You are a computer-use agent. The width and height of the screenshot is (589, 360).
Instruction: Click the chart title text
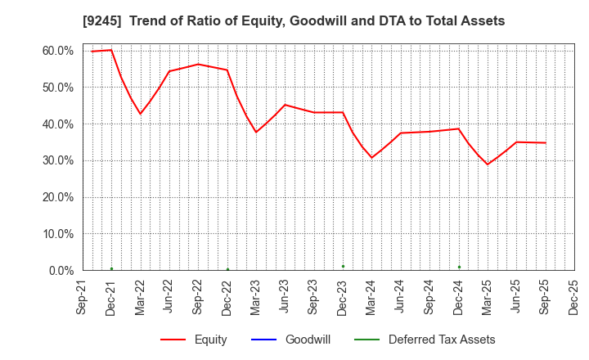[294, 21]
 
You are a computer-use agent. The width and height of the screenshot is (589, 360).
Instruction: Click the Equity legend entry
[210, 340]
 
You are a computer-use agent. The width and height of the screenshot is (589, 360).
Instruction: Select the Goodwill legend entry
[308, 340]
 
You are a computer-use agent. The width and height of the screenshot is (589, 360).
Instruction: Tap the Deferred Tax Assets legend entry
[442, 340]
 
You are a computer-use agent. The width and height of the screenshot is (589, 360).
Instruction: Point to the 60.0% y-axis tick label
[58, 51]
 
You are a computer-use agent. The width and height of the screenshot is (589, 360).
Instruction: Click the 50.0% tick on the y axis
[58, 88]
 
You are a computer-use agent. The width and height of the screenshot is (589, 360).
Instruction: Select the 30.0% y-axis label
[58, 160]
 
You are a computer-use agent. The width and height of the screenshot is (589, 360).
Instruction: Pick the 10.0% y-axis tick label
[58, 233]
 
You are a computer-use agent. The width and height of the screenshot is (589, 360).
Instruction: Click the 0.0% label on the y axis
[61, 270]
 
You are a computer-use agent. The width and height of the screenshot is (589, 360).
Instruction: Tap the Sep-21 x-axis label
[83, 297]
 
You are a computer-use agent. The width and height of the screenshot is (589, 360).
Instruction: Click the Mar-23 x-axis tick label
[256, 297]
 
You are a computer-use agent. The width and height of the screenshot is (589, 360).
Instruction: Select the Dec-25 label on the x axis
[574, 297]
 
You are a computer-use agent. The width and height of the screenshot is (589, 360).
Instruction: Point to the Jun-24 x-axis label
[401, 297]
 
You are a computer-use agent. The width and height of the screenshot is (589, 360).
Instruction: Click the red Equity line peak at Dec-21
[111, 50]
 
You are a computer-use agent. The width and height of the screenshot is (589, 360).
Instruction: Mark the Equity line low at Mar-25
[488, 164]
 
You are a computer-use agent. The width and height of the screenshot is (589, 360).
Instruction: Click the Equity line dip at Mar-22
[141, 114]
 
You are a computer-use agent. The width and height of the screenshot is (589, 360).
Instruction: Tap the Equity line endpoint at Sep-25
[546, 143]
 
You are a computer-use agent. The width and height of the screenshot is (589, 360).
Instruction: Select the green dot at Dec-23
[343, 266]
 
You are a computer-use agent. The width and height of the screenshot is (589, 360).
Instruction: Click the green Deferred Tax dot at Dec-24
[459, 267]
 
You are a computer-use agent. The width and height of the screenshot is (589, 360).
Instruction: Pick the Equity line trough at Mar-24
[371, 158]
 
